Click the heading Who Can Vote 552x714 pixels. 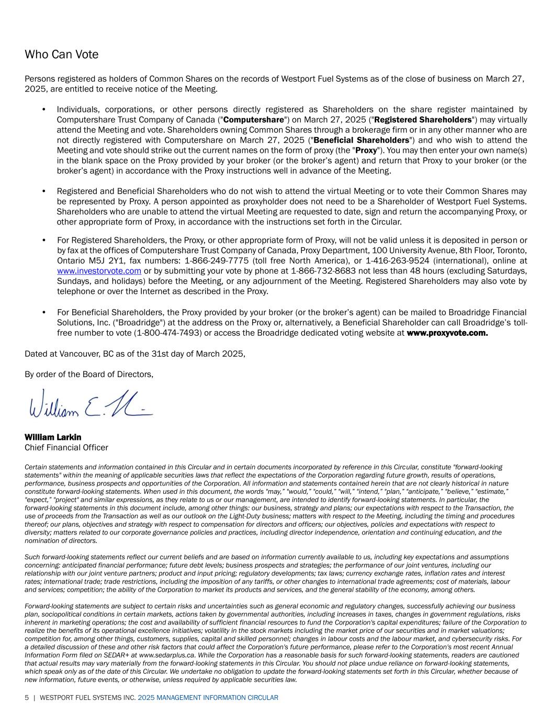61,54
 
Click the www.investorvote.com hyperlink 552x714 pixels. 99,270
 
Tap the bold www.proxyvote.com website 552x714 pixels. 447,333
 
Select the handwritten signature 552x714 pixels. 91,404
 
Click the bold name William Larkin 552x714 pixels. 53,437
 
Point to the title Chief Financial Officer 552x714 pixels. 66,447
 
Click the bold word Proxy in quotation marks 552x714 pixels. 366,150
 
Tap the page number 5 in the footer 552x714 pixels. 27,698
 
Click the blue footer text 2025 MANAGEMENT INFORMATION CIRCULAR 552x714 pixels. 208,698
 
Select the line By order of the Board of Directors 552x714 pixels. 89,374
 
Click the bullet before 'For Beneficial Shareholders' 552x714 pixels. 43,313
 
